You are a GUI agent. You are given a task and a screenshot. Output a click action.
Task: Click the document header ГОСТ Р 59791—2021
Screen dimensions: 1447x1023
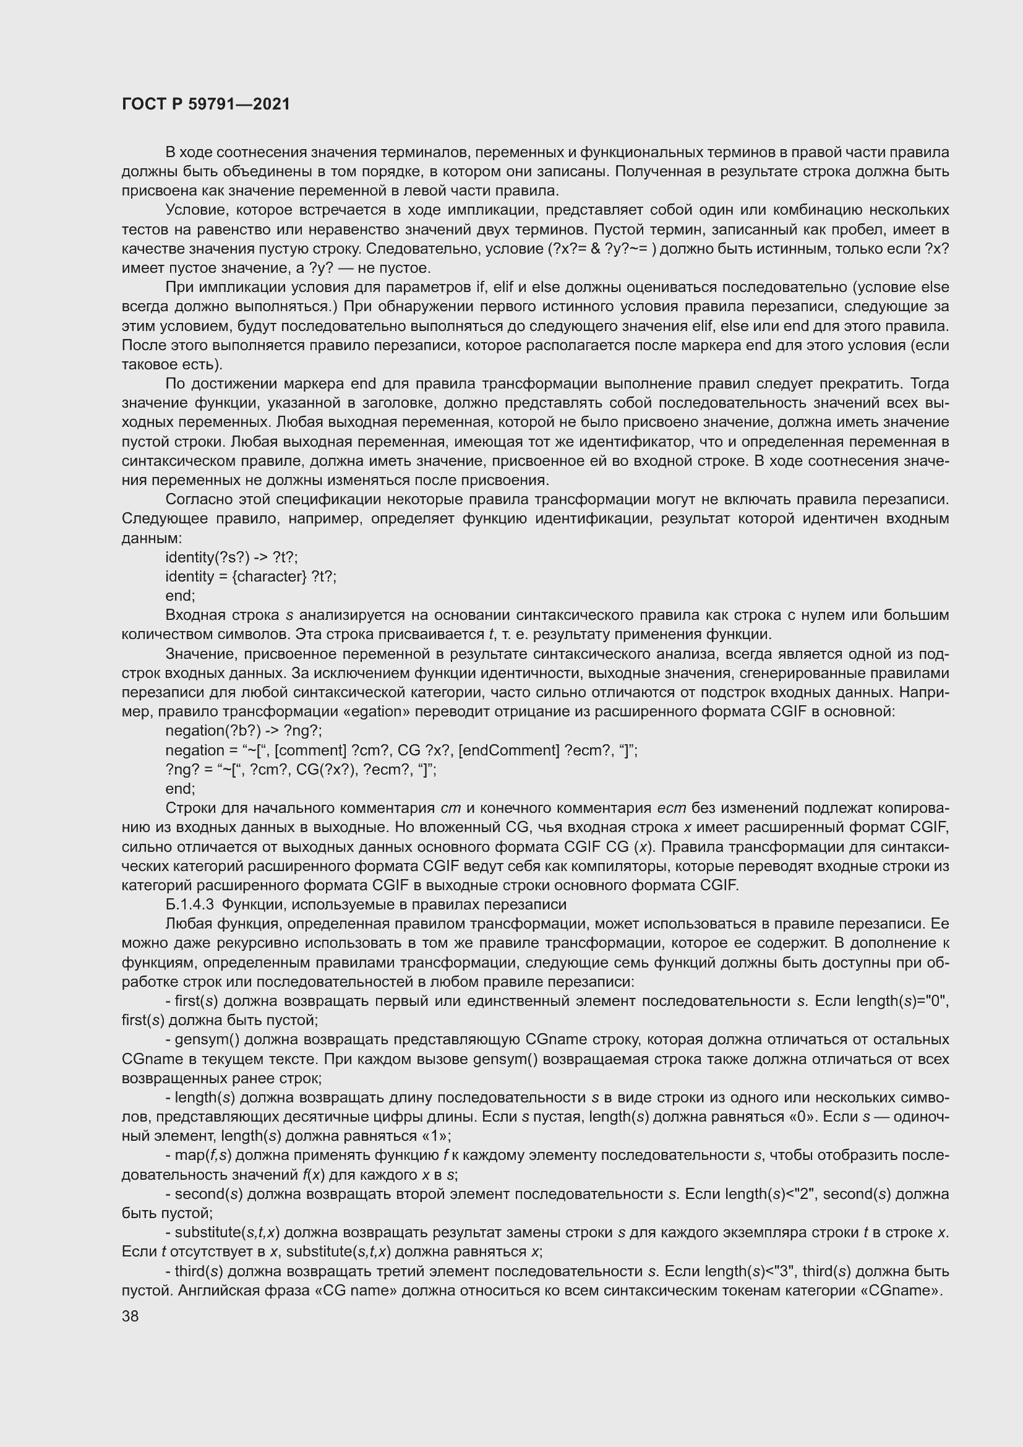(206, 105)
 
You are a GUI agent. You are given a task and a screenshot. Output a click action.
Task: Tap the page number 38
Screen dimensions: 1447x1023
(131, 1316)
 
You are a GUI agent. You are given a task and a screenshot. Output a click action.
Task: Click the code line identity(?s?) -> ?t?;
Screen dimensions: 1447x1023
(231, 558)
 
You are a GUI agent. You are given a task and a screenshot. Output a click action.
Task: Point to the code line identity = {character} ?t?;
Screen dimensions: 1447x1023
(250, 577)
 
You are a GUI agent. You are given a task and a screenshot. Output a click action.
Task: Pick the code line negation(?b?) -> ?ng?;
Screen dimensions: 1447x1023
(243, 731)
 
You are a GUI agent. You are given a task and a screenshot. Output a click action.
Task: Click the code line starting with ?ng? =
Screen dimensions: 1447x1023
(301, 770)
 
